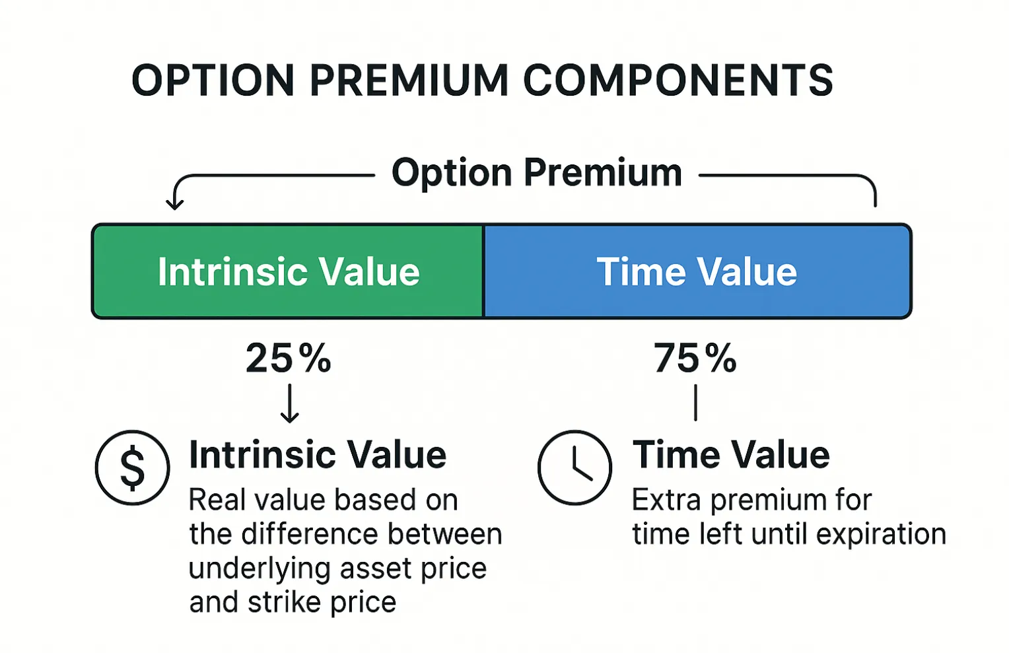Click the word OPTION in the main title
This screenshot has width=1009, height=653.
213,81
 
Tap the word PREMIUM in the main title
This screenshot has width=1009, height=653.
409,81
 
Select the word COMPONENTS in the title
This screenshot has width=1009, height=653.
678,81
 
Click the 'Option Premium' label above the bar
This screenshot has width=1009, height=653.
536,173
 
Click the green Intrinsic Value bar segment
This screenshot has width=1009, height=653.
287,271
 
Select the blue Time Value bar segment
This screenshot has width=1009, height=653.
697,271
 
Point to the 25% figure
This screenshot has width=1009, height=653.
289,358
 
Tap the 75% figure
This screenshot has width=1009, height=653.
695,358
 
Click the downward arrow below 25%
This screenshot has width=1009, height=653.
289,403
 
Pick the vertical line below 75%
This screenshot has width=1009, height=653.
695,403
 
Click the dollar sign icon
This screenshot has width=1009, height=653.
133,467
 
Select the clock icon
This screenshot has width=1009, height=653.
574,467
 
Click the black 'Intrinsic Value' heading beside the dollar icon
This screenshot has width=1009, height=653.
318,454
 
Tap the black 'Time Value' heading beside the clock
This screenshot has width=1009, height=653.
730,454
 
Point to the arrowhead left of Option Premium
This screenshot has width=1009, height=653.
174,204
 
